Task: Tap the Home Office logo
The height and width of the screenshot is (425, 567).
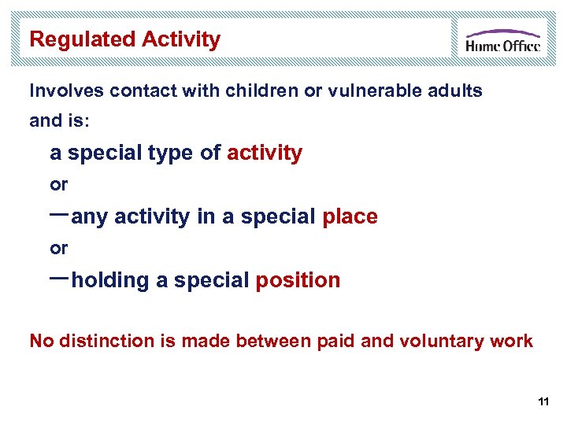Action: coord(502,40)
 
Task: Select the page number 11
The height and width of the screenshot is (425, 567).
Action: coord(543,402)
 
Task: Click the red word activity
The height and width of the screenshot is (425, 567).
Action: coord(264,153)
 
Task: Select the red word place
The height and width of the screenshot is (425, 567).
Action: coord(350,216)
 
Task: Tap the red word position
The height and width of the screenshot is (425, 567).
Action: coord(298,280)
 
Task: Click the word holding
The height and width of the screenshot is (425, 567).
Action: coord(110,280)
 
